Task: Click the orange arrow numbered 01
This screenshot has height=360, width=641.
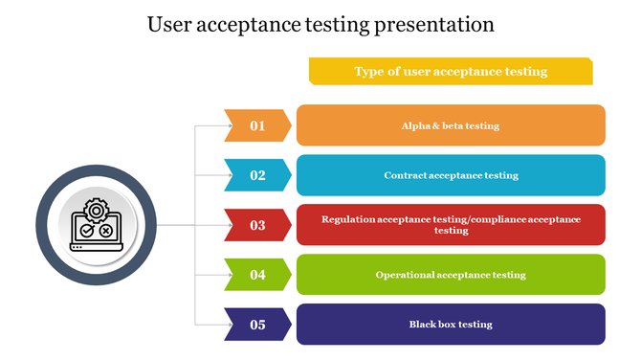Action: tap(257, 125)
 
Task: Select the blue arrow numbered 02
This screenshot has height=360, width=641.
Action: tap(257, 175)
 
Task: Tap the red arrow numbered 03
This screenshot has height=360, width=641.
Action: tap(257, 225)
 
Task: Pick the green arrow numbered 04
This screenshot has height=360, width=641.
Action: tap(257, 275)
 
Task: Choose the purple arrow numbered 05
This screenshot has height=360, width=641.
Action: tap(257, 325)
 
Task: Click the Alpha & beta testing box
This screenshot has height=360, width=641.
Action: tap(451, 125)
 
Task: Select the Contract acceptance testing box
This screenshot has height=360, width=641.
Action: tap(451, 175)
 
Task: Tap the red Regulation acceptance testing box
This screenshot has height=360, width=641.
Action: tap(451, 225)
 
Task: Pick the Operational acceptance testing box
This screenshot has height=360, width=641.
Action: tap(451, 275)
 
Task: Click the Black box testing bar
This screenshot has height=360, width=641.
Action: tap(451, 325)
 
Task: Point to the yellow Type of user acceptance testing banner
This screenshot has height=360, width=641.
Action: tap(451, 71)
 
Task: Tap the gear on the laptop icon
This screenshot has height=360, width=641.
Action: tap(96, 211)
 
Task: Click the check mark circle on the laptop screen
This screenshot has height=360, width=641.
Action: tap(87, 231)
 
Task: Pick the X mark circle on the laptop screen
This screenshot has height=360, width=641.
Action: tap(105, 231)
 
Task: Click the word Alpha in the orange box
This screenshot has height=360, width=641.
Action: tap(414, 125)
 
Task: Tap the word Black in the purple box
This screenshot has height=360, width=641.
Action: tap(423, 325)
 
